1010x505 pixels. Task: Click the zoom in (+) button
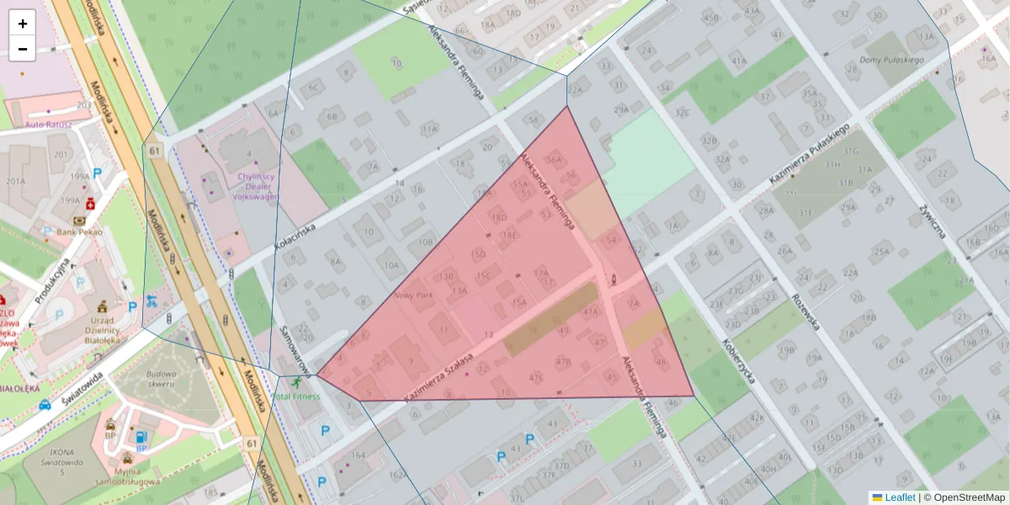(22, 24)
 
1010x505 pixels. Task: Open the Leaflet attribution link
(900, 497)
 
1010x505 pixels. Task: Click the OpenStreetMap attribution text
(969, 497)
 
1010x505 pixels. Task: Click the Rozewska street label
(805, 311)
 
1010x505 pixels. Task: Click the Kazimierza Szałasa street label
(439, 376)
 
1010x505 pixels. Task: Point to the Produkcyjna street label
(51, 281)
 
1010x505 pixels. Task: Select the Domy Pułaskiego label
(892, 61)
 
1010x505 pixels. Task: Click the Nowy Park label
(412, 296)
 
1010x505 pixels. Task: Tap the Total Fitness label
(296, 396)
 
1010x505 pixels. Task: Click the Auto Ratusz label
(49, 125)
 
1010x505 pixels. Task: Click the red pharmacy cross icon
(89, 203)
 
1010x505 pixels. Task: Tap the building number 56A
(553, 159)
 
